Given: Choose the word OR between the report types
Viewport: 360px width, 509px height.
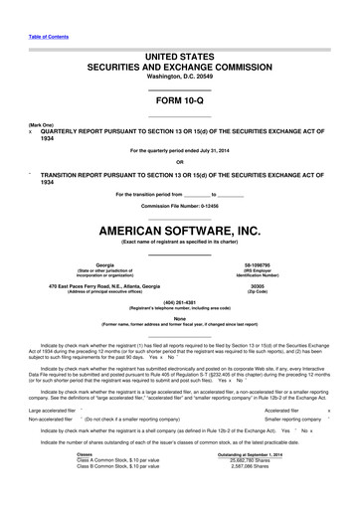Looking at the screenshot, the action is [x=179, y=161].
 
